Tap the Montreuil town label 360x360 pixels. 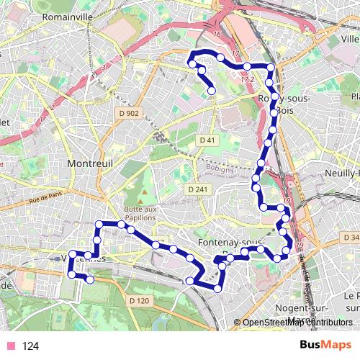(x=91, y=164)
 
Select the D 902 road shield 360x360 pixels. (x=130, y=114)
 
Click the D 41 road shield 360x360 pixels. (x=207, y=139)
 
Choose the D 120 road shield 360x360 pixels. (x=138, y=300)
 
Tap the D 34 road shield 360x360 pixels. (x=350, y=238)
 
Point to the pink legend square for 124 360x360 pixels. (x=10, y=346)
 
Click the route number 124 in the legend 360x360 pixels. (x=30, y=346)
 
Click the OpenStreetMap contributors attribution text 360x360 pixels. (x=297, y=323)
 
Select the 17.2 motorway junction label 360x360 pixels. (x=248, y=80)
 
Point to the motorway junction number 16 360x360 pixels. (x=215, y=34)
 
